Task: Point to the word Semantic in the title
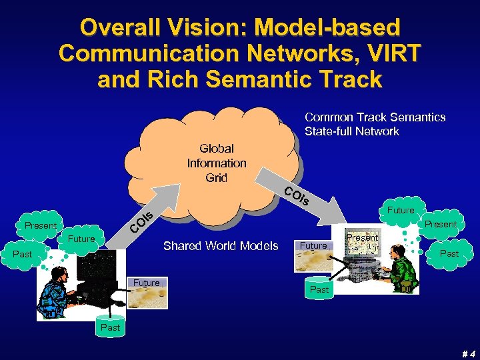(x=278, y=79)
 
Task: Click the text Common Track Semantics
(x=375, y=117)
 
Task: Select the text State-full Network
(x=352, y=131)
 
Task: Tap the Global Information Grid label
(x=217, y=163)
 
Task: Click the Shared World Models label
(x=221, y=246)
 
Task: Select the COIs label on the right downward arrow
(x=296, y=196)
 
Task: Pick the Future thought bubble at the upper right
(x=401, y=210)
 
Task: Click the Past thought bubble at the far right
(x=449, y=253)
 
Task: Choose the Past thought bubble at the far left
(x=23, y=254)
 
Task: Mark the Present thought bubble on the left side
(x=41, y=225)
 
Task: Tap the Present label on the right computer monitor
(x=363, y=237)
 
